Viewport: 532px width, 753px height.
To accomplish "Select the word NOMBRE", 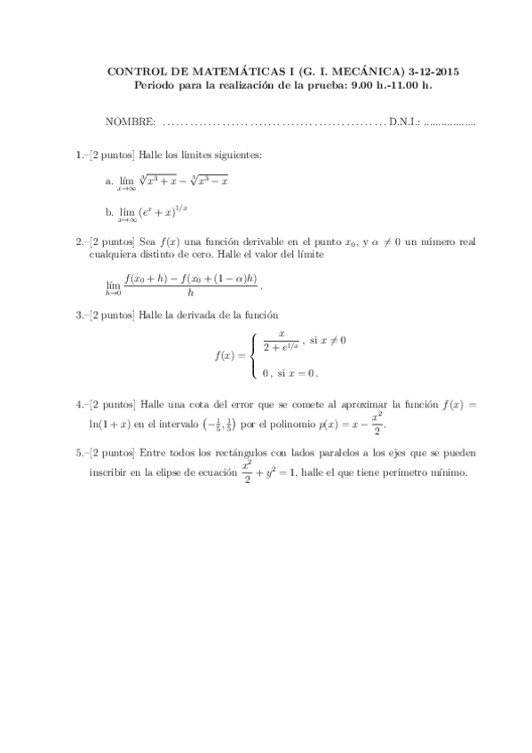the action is [131, 122].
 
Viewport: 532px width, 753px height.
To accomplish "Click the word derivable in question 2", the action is [245, 240].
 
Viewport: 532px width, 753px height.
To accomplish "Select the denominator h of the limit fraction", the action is [190, 291].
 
